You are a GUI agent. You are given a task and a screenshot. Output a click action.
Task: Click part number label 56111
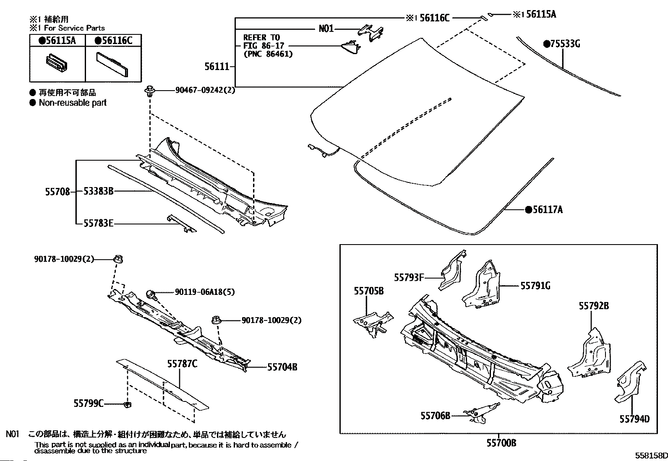pyautogui.click(x=217, y=66)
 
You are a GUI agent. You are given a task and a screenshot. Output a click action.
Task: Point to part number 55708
pyautogui.click(x=57, y=192)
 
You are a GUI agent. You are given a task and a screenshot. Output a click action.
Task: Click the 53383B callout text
pyautogui.click(x=98, y=192)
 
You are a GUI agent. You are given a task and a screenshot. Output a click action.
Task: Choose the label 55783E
pyautogui.click(x=98, y=224)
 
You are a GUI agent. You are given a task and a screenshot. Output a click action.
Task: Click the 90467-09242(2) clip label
pyautogui.click(x=205, y=90)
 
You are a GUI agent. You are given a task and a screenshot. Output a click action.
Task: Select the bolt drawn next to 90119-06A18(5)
pyautogui.click(x=152, y=294)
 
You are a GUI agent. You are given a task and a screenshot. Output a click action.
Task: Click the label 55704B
pyautogui.click(x=282, y=367)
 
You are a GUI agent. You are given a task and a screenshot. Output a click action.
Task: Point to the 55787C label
pyautogui.click(x=182, y=364)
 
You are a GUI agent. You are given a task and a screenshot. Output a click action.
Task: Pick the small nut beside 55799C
pyautogui.click(x=128, y=404)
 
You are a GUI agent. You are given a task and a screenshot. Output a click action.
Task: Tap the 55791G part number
pyautogui.click(x=535, y=286)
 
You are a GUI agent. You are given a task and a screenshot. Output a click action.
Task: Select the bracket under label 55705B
pyautogui.click(x=373, y=322)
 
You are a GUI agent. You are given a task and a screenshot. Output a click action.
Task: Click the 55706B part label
pyautogui.click(x=435, y=415)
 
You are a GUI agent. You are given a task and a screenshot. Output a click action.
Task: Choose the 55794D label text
pyautogui.click(x=634, y=419)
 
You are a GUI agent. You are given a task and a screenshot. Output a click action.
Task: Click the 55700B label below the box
pyautogui.click(x=501, y=443)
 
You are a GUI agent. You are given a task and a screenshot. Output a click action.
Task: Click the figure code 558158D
pyautogui.click(x=650, y=456)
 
